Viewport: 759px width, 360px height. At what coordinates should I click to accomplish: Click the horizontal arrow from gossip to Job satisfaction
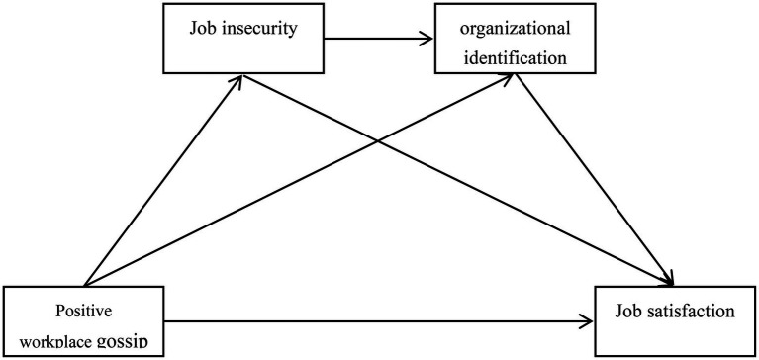[x=376, y=319]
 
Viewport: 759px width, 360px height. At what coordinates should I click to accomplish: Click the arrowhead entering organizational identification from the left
[x=427, y=41]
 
